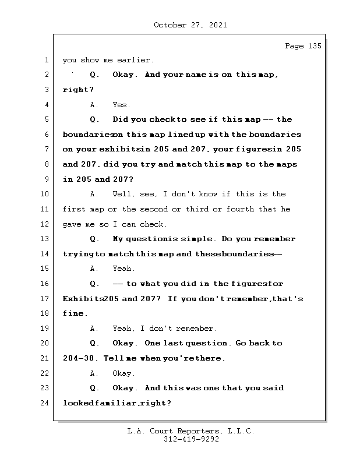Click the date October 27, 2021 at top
coord(190,25)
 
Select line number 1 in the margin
coord(46,60)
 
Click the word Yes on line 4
coord(121,105)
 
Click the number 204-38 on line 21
coord(80,358)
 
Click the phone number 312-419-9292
coord(191,440)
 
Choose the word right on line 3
coord(76,90)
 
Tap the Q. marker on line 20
coord(94,344)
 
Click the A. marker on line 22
coord(94,373)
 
